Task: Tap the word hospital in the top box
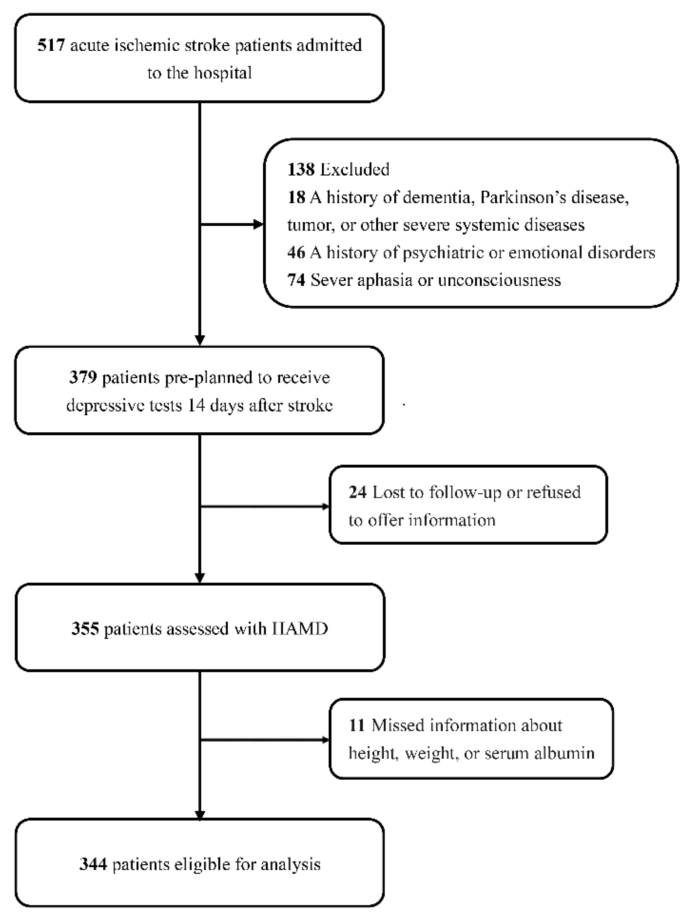pyautogui.click(x=223, y=73)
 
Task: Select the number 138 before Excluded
pyautogui.click(x=301, y=169)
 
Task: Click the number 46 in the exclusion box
pyautogui.click(x=296, y=252)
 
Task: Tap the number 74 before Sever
pyautogui.click(x=296, y=280)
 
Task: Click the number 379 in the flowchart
pyautogui.click(x=83, y=377)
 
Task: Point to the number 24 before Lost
pyautogui.click(x=358, y=492)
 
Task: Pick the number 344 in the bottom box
pyautogui.click(x=93, y=864)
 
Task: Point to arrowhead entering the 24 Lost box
pyautogui.click(x=325, y=506)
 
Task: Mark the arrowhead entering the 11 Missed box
pyautogui.click(x=325, y=740)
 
